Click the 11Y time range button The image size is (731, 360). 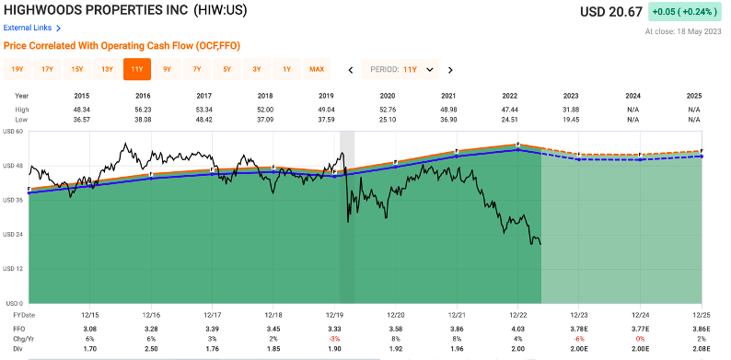[x=136, y=69]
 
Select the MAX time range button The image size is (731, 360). [x=317, y=69]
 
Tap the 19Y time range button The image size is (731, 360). [x=17, y=69]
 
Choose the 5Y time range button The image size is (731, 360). [x=226, y=69]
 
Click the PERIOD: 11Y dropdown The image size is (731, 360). [x=401, y=69]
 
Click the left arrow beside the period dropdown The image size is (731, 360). [x=351, y=69]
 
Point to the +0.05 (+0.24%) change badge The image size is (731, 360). [x=686, y=12]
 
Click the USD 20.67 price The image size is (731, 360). [x=609, y=12]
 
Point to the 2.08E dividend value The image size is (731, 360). [x=701, y=349]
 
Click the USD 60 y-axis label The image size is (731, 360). [x=14, y=132]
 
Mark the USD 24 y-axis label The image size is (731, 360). [x=14, y=234]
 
